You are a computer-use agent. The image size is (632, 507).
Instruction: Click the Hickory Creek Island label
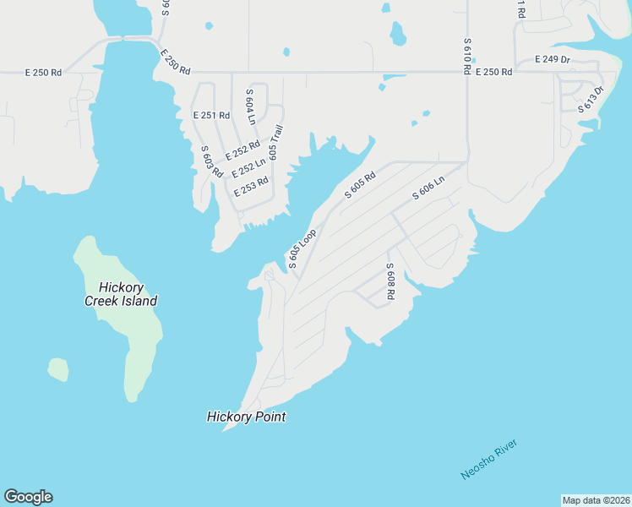click(x=121, y=294)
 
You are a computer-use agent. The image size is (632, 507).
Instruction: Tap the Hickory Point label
click(x=246, y=417)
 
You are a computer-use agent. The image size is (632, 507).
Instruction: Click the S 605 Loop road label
click(x=302, y=248)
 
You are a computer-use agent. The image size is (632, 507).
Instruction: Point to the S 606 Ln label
click(x=428, y=188)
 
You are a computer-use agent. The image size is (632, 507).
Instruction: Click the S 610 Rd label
click(x=466, y=56)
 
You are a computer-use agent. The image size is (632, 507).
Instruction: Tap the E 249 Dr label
click(x=553, y=59)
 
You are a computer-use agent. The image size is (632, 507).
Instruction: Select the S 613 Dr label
click(x=591, y=99)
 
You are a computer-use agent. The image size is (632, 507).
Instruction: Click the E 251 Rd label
click(x=210, y=115)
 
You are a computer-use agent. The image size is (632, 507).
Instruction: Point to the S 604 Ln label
click(x=250, y=106)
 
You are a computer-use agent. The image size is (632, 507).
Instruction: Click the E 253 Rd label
click(x=251, y=186)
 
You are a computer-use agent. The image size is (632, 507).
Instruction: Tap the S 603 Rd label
click(x=211, y=161)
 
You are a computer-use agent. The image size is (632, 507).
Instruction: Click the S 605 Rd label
click(x=359, y=185)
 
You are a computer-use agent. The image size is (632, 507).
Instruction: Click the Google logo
click(x=28, y=497)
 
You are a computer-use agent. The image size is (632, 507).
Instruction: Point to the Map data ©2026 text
click(x=596, y=500)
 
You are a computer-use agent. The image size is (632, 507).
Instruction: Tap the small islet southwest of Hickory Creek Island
click(x=57, y=369)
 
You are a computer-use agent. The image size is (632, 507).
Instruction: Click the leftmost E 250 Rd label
click(x=44, y=73)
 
